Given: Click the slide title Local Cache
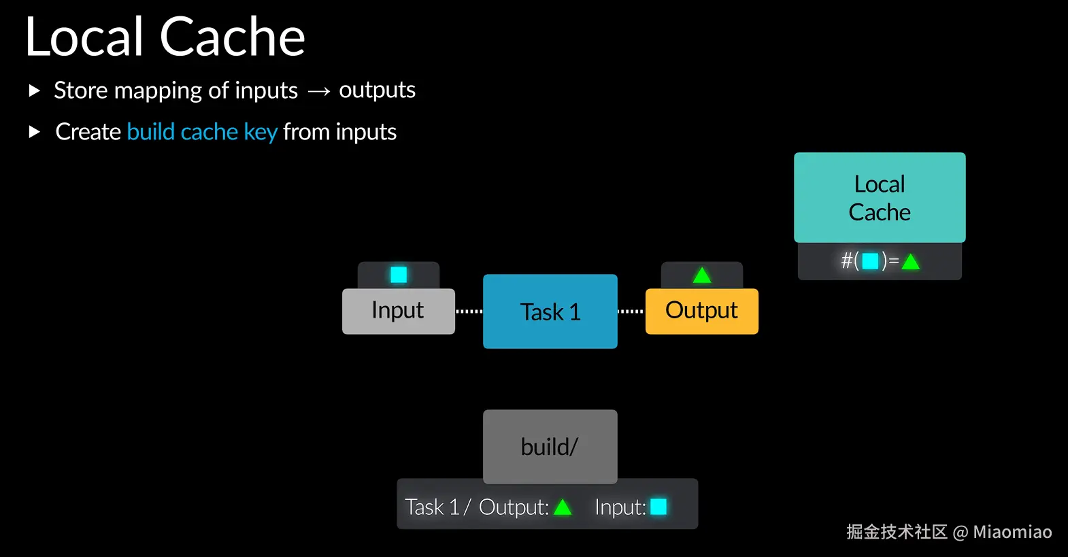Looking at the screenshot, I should [165, 37].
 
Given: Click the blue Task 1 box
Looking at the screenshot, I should [550, 311].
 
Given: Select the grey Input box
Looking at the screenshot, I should [398, 311].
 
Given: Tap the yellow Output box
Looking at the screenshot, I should [701, 311].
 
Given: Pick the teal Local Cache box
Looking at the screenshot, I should [880, 198].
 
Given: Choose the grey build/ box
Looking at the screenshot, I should [550, 447].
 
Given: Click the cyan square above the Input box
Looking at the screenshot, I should [399, 275].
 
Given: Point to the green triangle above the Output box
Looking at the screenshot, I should [702, 275].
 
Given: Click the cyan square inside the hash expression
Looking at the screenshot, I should [870, 261].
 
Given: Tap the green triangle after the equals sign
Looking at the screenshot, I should [911, 262].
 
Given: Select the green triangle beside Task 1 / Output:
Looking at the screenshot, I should [563, 507].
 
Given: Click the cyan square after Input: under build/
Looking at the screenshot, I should [658, 507].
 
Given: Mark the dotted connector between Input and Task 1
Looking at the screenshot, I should [469, 311].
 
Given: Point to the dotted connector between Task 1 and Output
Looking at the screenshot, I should [631, 311].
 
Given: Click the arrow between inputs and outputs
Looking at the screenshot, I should [318, 91].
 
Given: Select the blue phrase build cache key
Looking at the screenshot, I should [202, 132].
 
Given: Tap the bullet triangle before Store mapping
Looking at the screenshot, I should [35, 90].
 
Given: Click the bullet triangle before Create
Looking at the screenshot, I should [35, 132].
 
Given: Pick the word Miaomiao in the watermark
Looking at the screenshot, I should [1012, 532].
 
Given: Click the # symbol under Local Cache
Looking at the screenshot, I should [847, 261].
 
